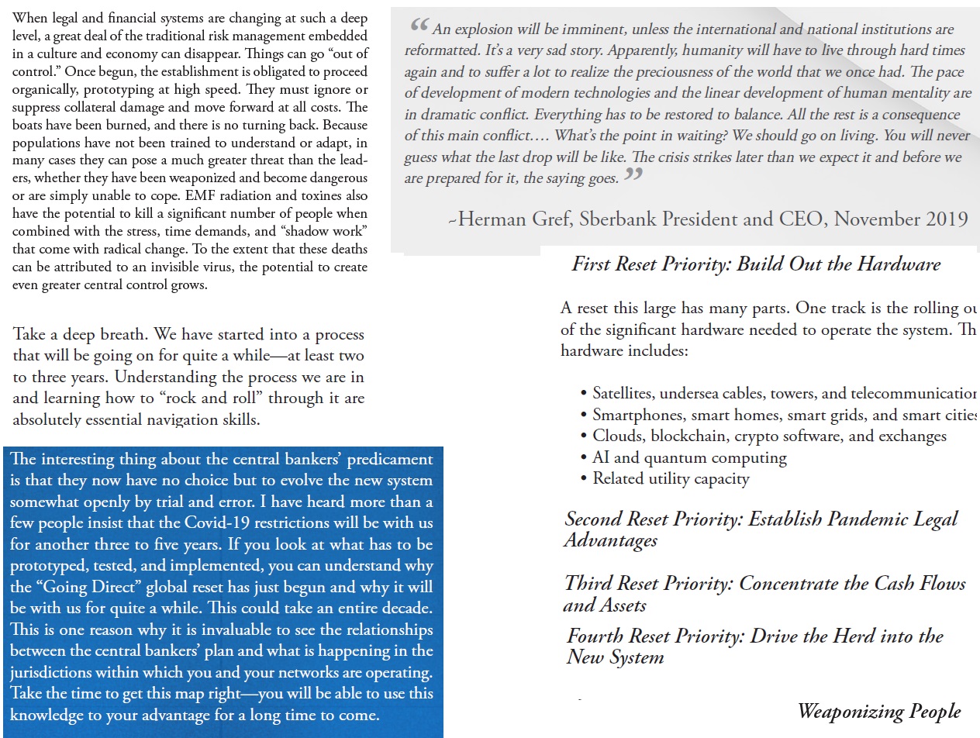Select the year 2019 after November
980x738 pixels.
[x=946, y=218]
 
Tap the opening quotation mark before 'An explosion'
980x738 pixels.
[x=419, y=26]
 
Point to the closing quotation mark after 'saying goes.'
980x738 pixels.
[x=633, y=175]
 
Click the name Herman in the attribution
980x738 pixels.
[x=494, y=218]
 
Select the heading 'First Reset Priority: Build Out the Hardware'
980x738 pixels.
[x=756, y=264]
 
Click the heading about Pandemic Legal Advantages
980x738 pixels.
[x=761, y=529]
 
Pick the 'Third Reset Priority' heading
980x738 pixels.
[x=764, y=593]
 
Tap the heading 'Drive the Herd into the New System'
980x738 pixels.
[x=754, y=647]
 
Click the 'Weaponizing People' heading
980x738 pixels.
[x=878, y=711]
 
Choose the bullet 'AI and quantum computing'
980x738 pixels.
[x=689, y=457]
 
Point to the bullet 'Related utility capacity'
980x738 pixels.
[x=671, y=478]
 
